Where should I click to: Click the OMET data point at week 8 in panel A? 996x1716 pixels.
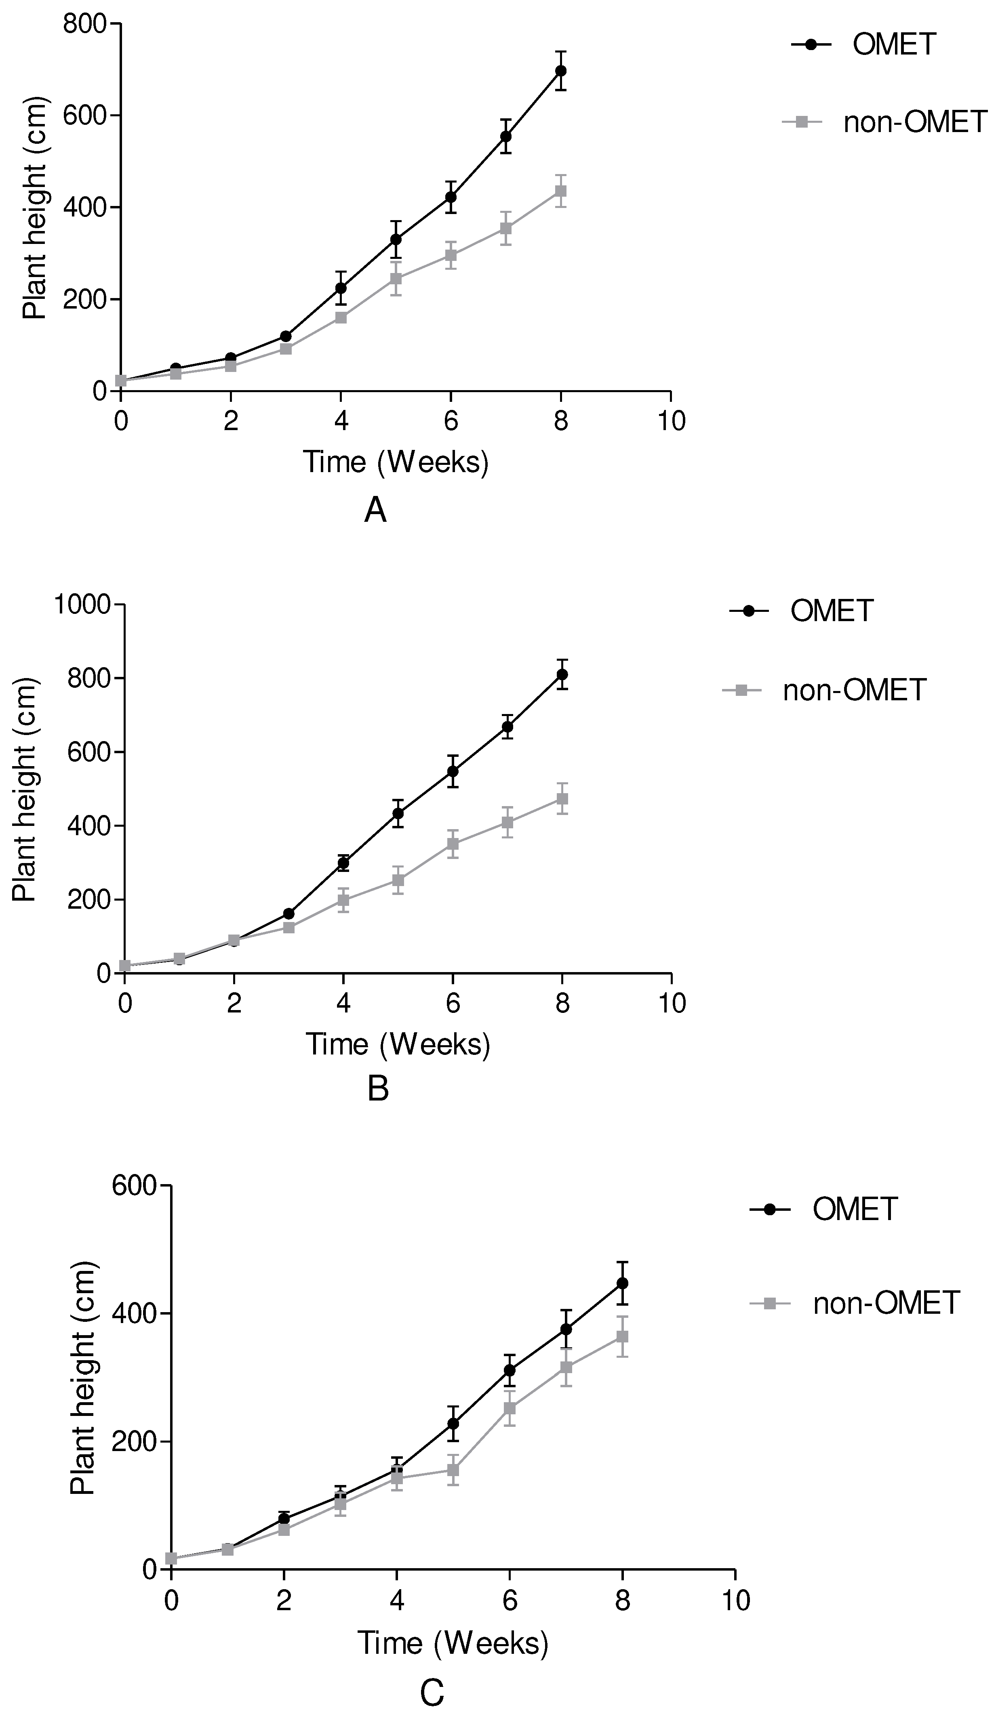click(561, 71)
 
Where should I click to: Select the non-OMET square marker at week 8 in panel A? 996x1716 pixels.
click(561, 191)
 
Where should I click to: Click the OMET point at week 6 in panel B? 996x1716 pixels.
click(453, 771)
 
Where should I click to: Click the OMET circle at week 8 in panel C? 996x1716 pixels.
click(622, 1283)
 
